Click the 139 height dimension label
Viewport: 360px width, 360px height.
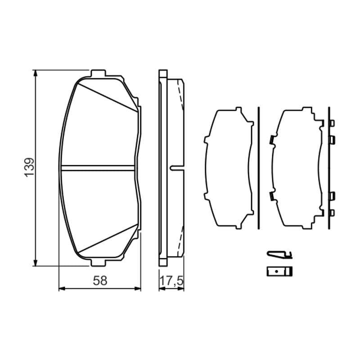29,167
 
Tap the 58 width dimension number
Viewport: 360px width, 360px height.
100,280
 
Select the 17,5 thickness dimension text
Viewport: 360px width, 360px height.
172,281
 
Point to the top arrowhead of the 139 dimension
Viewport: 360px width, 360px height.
35,73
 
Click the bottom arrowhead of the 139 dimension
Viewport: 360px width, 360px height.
35,263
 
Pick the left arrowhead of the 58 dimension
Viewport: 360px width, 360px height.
62,288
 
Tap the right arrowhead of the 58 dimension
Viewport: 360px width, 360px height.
138,288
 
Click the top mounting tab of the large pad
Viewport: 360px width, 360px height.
98,73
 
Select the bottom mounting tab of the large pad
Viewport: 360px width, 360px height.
98,263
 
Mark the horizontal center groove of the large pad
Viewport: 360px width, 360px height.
98,168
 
